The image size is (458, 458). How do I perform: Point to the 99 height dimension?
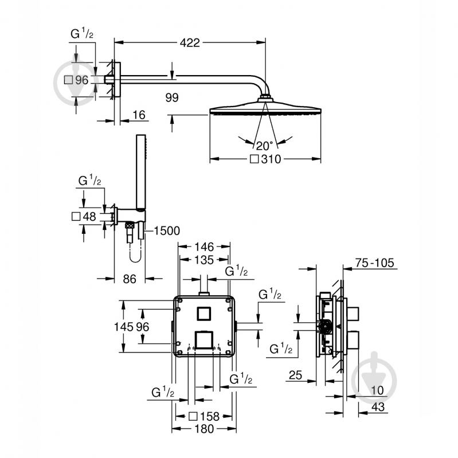click(x=171, y=98)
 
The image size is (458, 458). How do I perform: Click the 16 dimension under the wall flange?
click(x=138, y=115)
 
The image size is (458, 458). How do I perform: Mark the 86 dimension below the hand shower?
click(x=130, y=279)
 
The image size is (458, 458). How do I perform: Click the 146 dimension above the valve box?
click(x=203, y=246)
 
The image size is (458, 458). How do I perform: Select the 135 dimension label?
click(x=203, y=260)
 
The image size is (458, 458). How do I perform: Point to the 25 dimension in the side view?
click(x=295, y=376)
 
